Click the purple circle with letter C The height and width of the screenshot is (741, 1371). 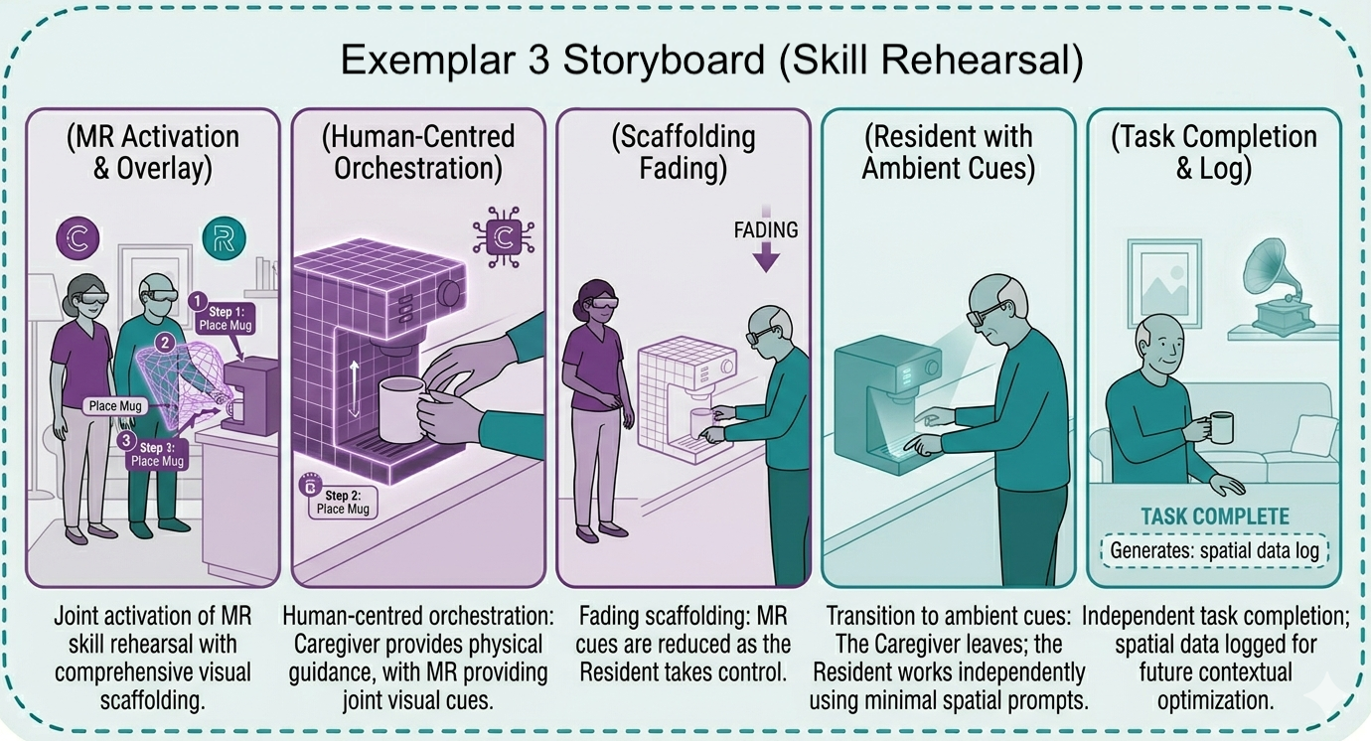pyautogui.click(x=77, y=237)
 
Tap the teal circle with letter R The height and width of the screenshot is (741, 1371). pyautogui.click(x=224, y=238)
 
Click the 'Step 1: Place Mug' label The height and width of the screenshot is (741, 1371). pyautogui.click(x=226, y=319)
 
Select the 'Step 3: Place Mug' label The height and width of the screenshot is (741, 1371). pyautogui.click(x=157, y=455)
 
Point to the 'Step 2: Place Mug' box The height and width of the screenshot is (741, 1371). pyautogui.click(x=343, y=503)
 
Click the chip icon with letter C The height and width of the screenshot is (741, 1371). pyautogui.click(x=504, y=237)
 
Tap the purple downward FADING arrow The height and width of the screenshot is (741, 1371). pyautogui.click(x=766, y=257)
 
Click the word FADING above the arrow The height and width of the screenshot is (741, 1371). pyautogui.click(x=766, y=230)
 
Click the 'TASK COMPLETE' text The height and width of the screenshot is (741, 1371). pyautogui.click(x=1215, y=517)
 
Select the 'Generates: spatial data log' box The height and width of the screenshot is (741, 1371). pyautogui.click(x=1214, y=550)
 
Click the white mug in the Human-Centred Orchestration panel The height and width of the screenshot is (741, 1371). pyautogui.click(x=401, y=409)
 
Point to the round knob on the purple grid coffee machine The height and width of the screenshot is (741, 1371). pyautogui.click(x=450, y=292)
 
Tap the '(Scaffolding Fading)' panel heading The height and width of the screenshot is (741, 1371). pyautogui.click(x=684, y=152)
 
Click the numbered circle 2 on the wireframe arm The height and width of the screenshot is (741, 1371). pyautogui.click(x=165, y=343)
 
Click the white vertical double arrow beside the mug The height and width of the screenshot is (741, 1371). pyautogui.click(x=354, y=389)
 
